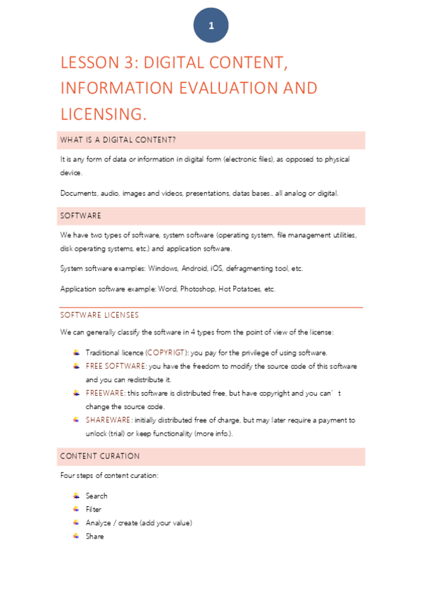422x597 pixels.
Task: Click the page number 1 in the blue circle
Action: click(211, 26)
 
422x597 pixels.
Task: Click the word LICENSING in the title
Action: click(103, 114)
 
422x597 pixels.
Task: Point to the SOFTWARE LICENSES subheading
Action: click(99, 315)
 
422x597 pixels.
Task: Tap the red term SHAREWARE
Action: click(108, 420)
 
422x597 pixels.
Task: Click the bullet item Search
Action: click(97, 496)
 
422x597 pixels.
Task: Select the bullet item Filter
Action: click(94, 510)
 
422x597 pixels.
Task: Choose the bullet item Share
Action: click(94, 536)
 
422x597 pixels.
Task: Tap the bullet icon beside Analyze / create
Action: click(76, 522)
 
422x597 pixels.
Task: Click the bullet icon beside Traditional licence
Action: click(76, 352)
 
